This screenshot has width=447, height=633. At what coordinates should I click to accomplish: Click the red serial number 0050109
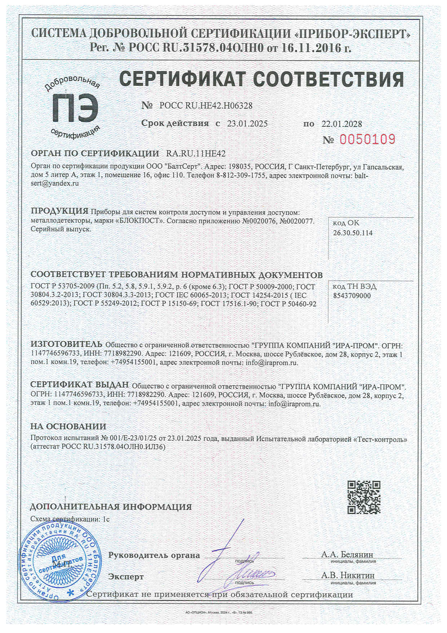(367, 140)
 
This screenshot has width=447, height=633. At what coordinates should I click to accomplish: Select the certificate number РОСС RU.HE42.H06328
(206, 106)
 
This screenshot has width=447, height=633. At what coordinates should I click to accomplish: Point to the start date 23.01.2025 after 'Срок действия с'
(247, 123)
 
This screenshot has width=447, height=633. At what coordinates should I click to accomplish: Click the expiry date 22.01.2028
(342, 124)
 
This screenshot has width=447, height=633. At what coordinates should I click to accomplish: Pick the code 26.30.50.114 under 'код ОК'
(353, 233)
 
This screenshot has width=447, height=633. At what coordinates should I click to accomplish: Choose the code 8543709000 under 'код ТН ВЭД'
(352, 296)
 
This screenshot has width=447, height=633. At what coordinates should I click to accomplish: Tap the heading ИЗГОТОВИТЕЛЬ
(66, 344)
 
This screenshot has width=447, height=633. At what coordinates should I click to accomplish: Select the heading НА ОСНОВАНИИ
(68, 427)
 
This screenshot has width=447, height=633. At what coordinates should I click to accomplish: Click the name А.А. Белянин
(347, 554)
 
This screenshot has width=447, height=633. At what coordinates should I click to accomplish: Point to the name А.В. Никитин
(348, 575)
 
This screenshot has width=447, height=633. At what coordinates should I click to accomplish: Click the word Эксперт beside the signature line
(126, 577)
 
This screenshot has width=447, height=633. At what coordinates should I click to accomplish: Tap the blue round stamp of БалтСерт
(56, 563)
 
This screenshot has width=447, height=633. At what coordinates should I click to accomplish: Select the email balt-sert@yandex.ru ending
(55, 184)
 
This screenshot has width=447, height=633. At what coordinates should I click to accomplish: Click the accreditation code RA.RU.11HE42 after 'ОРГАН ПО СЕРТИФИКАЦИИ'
(193, 153)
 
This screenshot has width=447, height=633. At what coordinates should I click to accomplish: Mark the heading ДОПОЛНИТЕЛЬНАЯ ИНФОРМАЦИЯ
(110, 507)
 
